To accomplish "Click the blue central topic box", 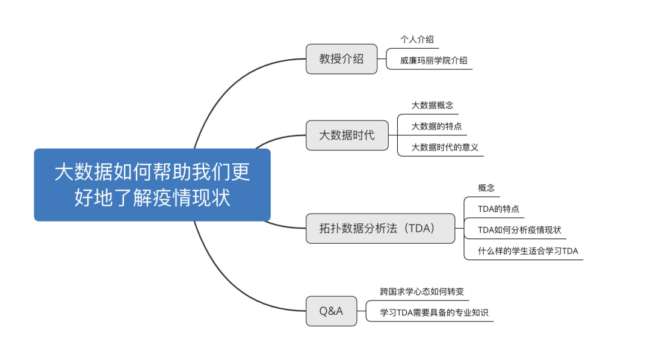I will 152,184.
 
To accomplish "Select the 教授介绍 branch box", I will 341,59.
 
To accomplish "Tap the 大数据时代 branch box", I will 347,135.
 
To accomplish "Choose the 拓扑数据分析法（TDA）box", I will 380,228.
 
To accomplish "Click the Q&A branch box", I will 331,311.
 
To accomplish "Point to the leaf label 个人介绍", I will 416,40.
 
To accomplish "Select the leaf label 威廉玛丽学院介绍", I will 433,60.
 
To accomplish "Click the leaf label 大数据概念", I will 432,105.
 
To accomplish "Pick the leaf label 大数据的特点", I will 436,126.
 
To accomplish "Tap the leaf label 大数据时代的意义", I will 445,147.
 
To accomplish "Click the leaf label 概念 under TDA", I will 486,188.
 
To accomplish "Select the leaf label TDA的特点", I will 498,209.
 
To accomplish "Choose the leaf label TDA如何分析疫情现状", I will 519,230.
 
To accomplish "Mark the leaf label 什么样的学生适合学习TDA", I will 528,251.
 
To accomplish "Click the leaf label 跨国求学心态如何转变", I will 422,292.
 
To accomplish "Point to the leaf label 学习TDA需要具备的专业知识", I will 434,313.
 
